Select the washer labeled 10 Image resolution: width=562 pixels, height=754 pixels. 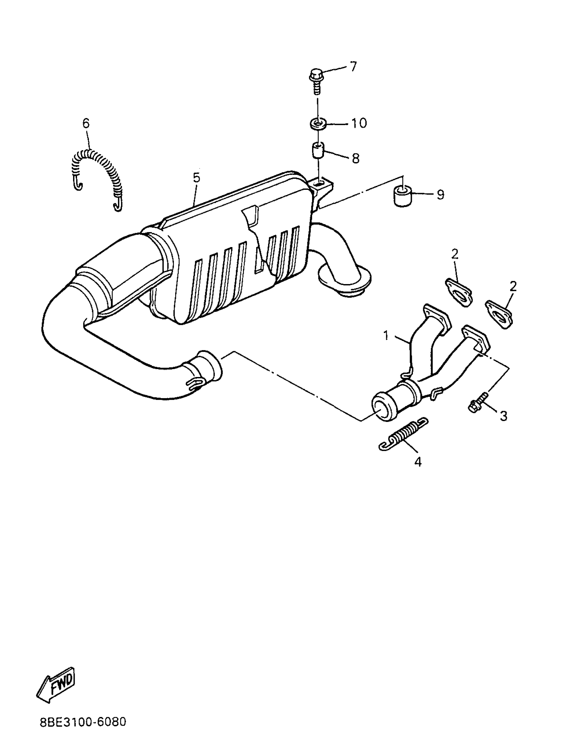click(318, 123)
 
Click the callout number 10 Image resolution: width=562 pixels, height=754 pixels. click(359, 123)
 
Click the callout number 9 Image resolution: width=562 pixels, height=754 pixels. click(440, 195)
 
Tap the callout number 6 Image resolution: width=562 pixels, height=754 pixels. click(86, 123)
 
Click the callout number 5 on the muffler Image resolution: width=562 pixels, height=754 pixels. click(197, 178)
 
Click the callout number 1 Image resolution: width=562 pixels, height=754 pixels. click(386, 336)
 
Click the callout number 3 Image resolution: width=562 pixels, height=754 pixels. click(503, 416)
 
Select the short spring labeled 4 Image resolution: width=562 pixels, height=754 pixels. click(403, 435)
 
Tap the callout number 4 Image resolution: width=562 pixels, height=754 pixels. click(418, 462)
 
